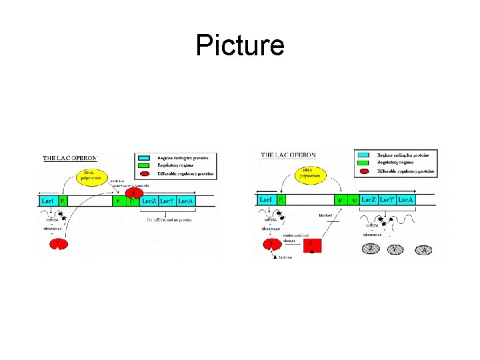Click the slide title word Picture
[240, 45]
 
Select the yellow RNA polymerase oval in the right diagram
[307, 175]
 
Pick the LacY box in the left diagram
[167, 200]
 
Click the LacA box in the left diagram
[185, 200]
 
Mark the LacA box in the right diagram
[406, 199]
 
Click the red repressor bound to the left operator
[131, 192]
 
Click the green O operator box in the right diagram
[353, 199]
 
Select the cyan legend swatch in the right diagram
[365, 153]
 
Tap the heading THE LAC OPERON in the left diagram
[70, 159]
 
